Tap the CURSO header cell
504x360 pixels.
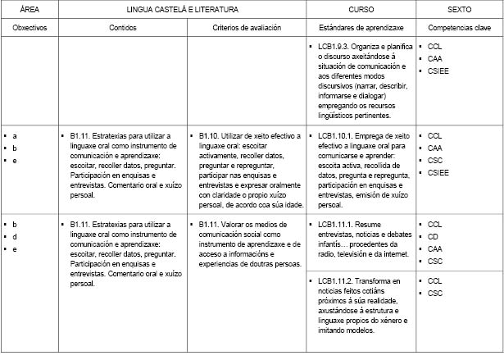(x=360, y=10)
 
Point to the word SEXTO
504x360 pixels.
(x=459, y=10)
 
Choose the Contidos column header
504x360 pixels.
(x=123, y=28)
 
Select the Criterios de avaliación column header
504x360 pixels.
(x=246, y=28)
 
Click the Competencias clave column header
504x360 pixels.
(x=459, y=28)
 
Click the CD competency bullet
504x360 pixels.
(x=434, y=236)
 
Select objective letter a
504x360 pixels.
(x=16, y=135)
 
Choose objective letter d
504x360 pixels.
(x=16, y=236)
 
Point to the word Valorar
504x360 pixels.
(x=238, y=224)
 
